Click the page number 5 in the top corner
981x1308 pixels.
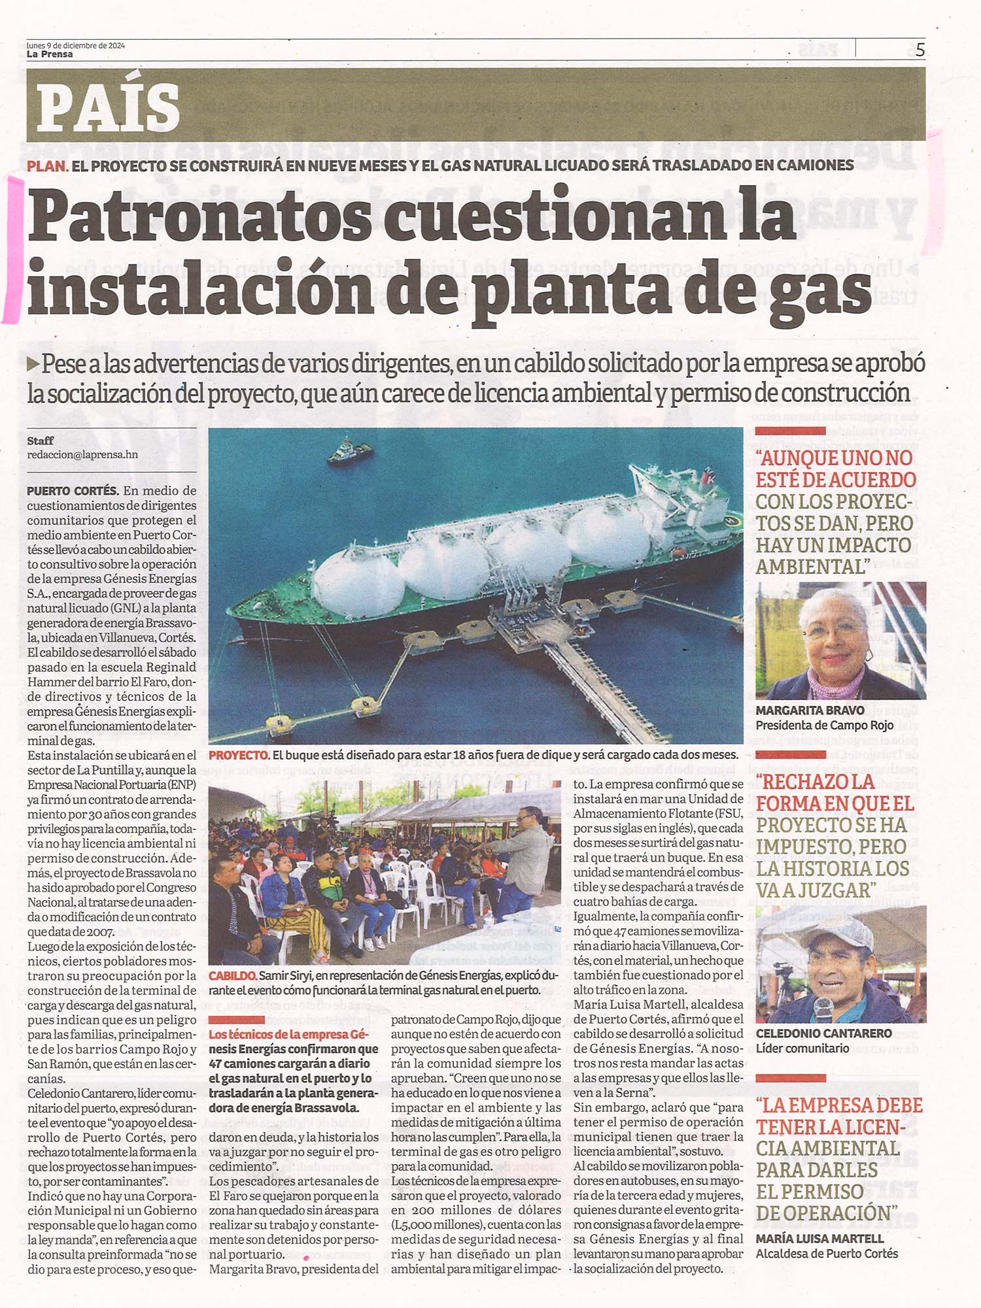pyautogui.click(x=920, y=50)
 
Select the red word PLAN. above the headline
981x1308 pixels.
pyautogui.click(x=47, y=165)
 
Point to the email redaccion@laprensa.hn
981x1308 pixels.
pyautogui.click(x=82, y=455)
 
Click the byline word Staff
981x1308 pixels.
pyautogui.click(x=41, y=441)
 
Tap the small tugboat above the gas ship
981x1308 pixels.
pyautogui.click(x=350, y=451)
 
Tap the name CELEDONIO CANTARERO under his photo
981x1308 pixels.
pyautogui.click(x=823, y=1033)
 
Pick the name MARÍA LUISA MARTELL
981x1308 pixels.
pyautogui.click(x=819, y=1239)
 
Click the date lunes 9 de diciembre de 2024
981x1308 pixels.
pyautogui.click(x=75, y=46)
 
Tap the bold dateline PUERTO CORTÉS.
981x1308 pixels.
pyautogui.click(x=73, y=491)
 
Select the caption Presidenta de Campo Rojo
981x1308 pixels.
pyautogui.click(x=824, y=726)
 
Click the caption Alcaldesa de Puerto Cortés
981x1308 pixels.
pyautogui.click(x=827, y=1254)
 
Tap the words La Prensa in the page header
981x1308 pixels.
pyautogui.click(x=50, y=55)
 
